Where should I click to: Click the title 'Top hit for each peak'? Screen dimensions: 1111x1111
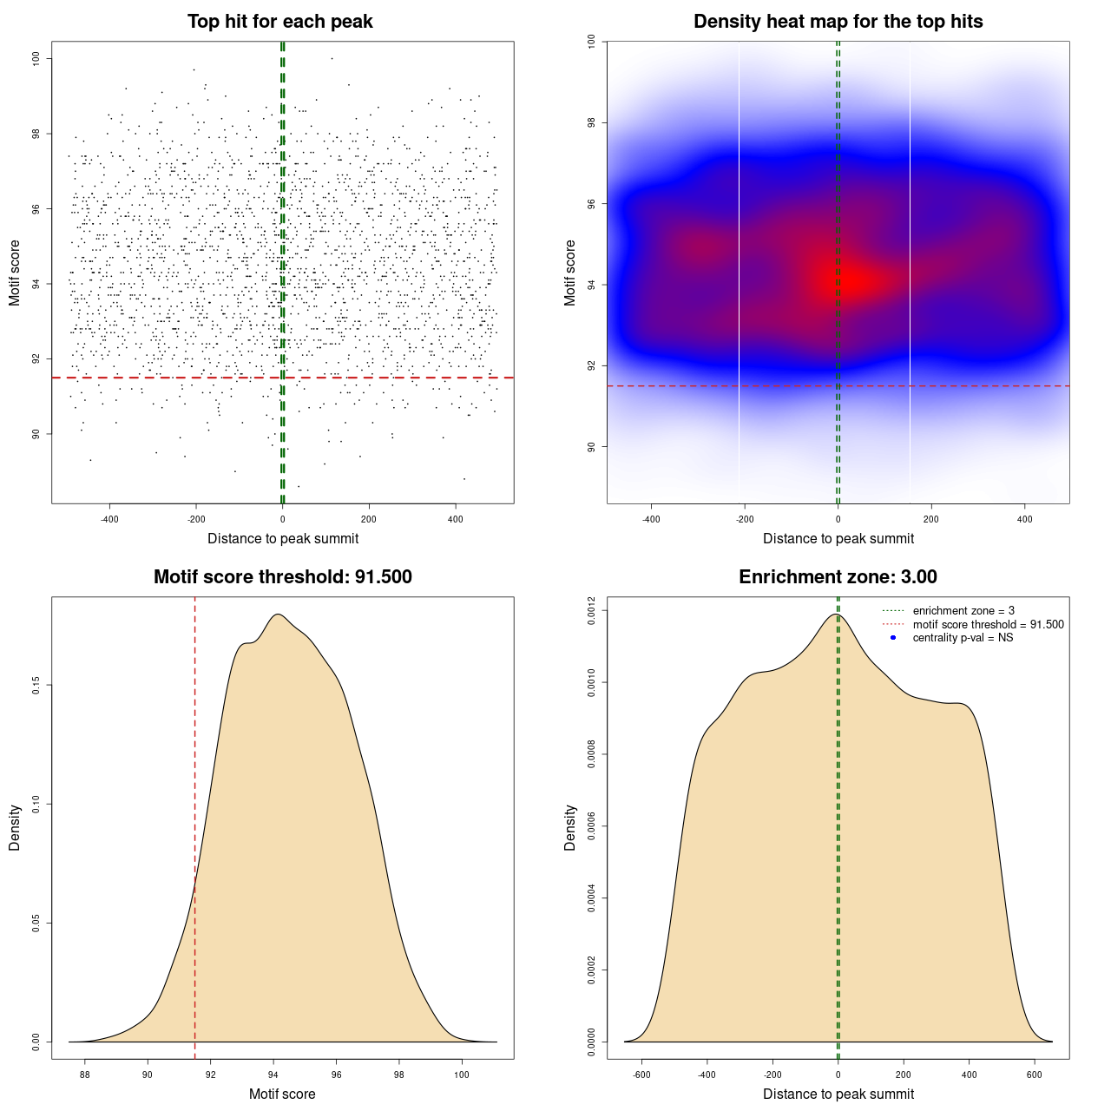point(279,22)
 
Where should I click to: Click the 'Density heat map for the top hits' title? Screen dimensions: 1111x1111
point(838,22)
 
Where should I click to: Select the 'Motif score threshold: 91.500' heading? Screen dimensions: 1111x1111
point(282,577)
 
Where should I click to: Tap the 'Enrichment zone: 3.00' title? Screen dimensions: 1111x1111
point(838,577)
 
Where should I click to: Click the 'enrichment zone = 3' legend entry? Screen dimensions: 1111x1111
point(963,611)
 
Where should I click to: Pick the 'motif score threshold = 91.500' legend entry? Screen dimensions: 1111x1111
point(988,625)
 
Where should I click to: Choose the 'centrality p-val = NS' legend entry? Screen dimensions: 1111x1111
point(963,638)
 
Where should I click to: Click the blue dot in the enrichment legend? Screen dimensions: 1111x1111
point(893,638)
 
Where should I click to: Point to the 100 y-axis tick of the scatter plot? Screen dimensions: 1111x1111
point(36,58)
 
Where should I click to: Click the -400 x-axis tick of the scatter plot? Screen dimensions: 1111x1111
point(109,519)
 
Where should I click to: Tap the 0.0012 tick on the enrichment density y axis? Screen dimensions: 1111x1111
point(591,611)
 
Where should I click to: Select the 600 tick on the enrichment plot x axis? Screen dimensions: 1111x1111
point(1035,1075)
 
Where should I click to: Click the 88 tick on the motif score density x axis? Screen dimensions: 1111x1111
point(85,1075)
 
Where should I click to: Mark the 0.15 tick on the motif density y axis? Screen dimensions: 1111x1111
point(36,686)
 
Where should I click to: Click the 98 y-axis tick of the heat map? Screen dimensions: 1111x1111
point(591,123)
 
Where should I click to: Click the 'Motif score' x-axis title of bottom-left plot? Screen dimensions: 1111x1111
point(282,1094)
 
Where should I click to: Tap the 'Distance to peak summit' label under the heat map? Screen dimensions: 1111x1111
point(838,538)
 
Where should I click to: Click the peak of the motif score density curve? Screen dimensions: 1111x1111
point(278,615)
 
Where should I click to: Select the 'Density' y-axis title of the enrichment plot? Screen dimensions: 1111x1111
point(570,827)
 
